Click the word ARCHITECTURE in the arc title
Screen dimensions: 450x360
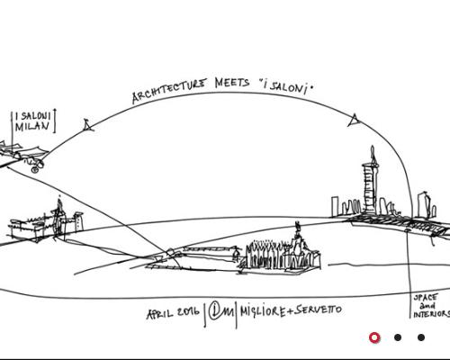(x=169, y=91)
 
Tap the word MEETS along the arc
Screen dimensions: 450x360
(x=232, y=83)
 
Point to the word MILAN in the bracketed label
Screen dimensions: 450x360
(x=32, y=127)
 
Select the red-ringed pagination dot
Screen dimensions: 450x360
(x=374, y=337)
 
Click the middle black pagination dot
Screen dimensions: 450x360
(x=398, y=337)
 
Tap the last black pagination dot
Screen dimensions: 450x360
(x=421, y=337)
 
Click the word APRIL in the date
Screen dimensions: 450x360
(x=159, y=314)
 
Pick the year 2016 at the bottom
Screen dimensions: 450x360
(x=188, y=311)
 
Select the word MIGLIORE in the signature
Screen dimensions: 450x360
(x=263, y=311)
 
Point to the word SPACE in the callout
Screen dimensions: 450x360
(x=426, y=298)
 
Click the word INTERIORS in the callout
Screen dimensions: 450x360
(x=432, y=314)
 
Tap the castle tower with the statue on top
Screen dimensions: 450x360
(x=59, y=218)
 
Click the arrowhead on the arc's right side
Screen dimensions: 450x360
(x=354, y=120)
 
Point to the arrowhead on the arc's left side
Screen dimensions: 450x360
(x=88, y=125)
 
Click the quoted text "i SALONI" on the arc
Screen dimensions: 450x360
(x=286, y=87)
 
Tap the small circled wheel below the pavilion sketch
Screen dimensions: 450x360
(x=35, y=169)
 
